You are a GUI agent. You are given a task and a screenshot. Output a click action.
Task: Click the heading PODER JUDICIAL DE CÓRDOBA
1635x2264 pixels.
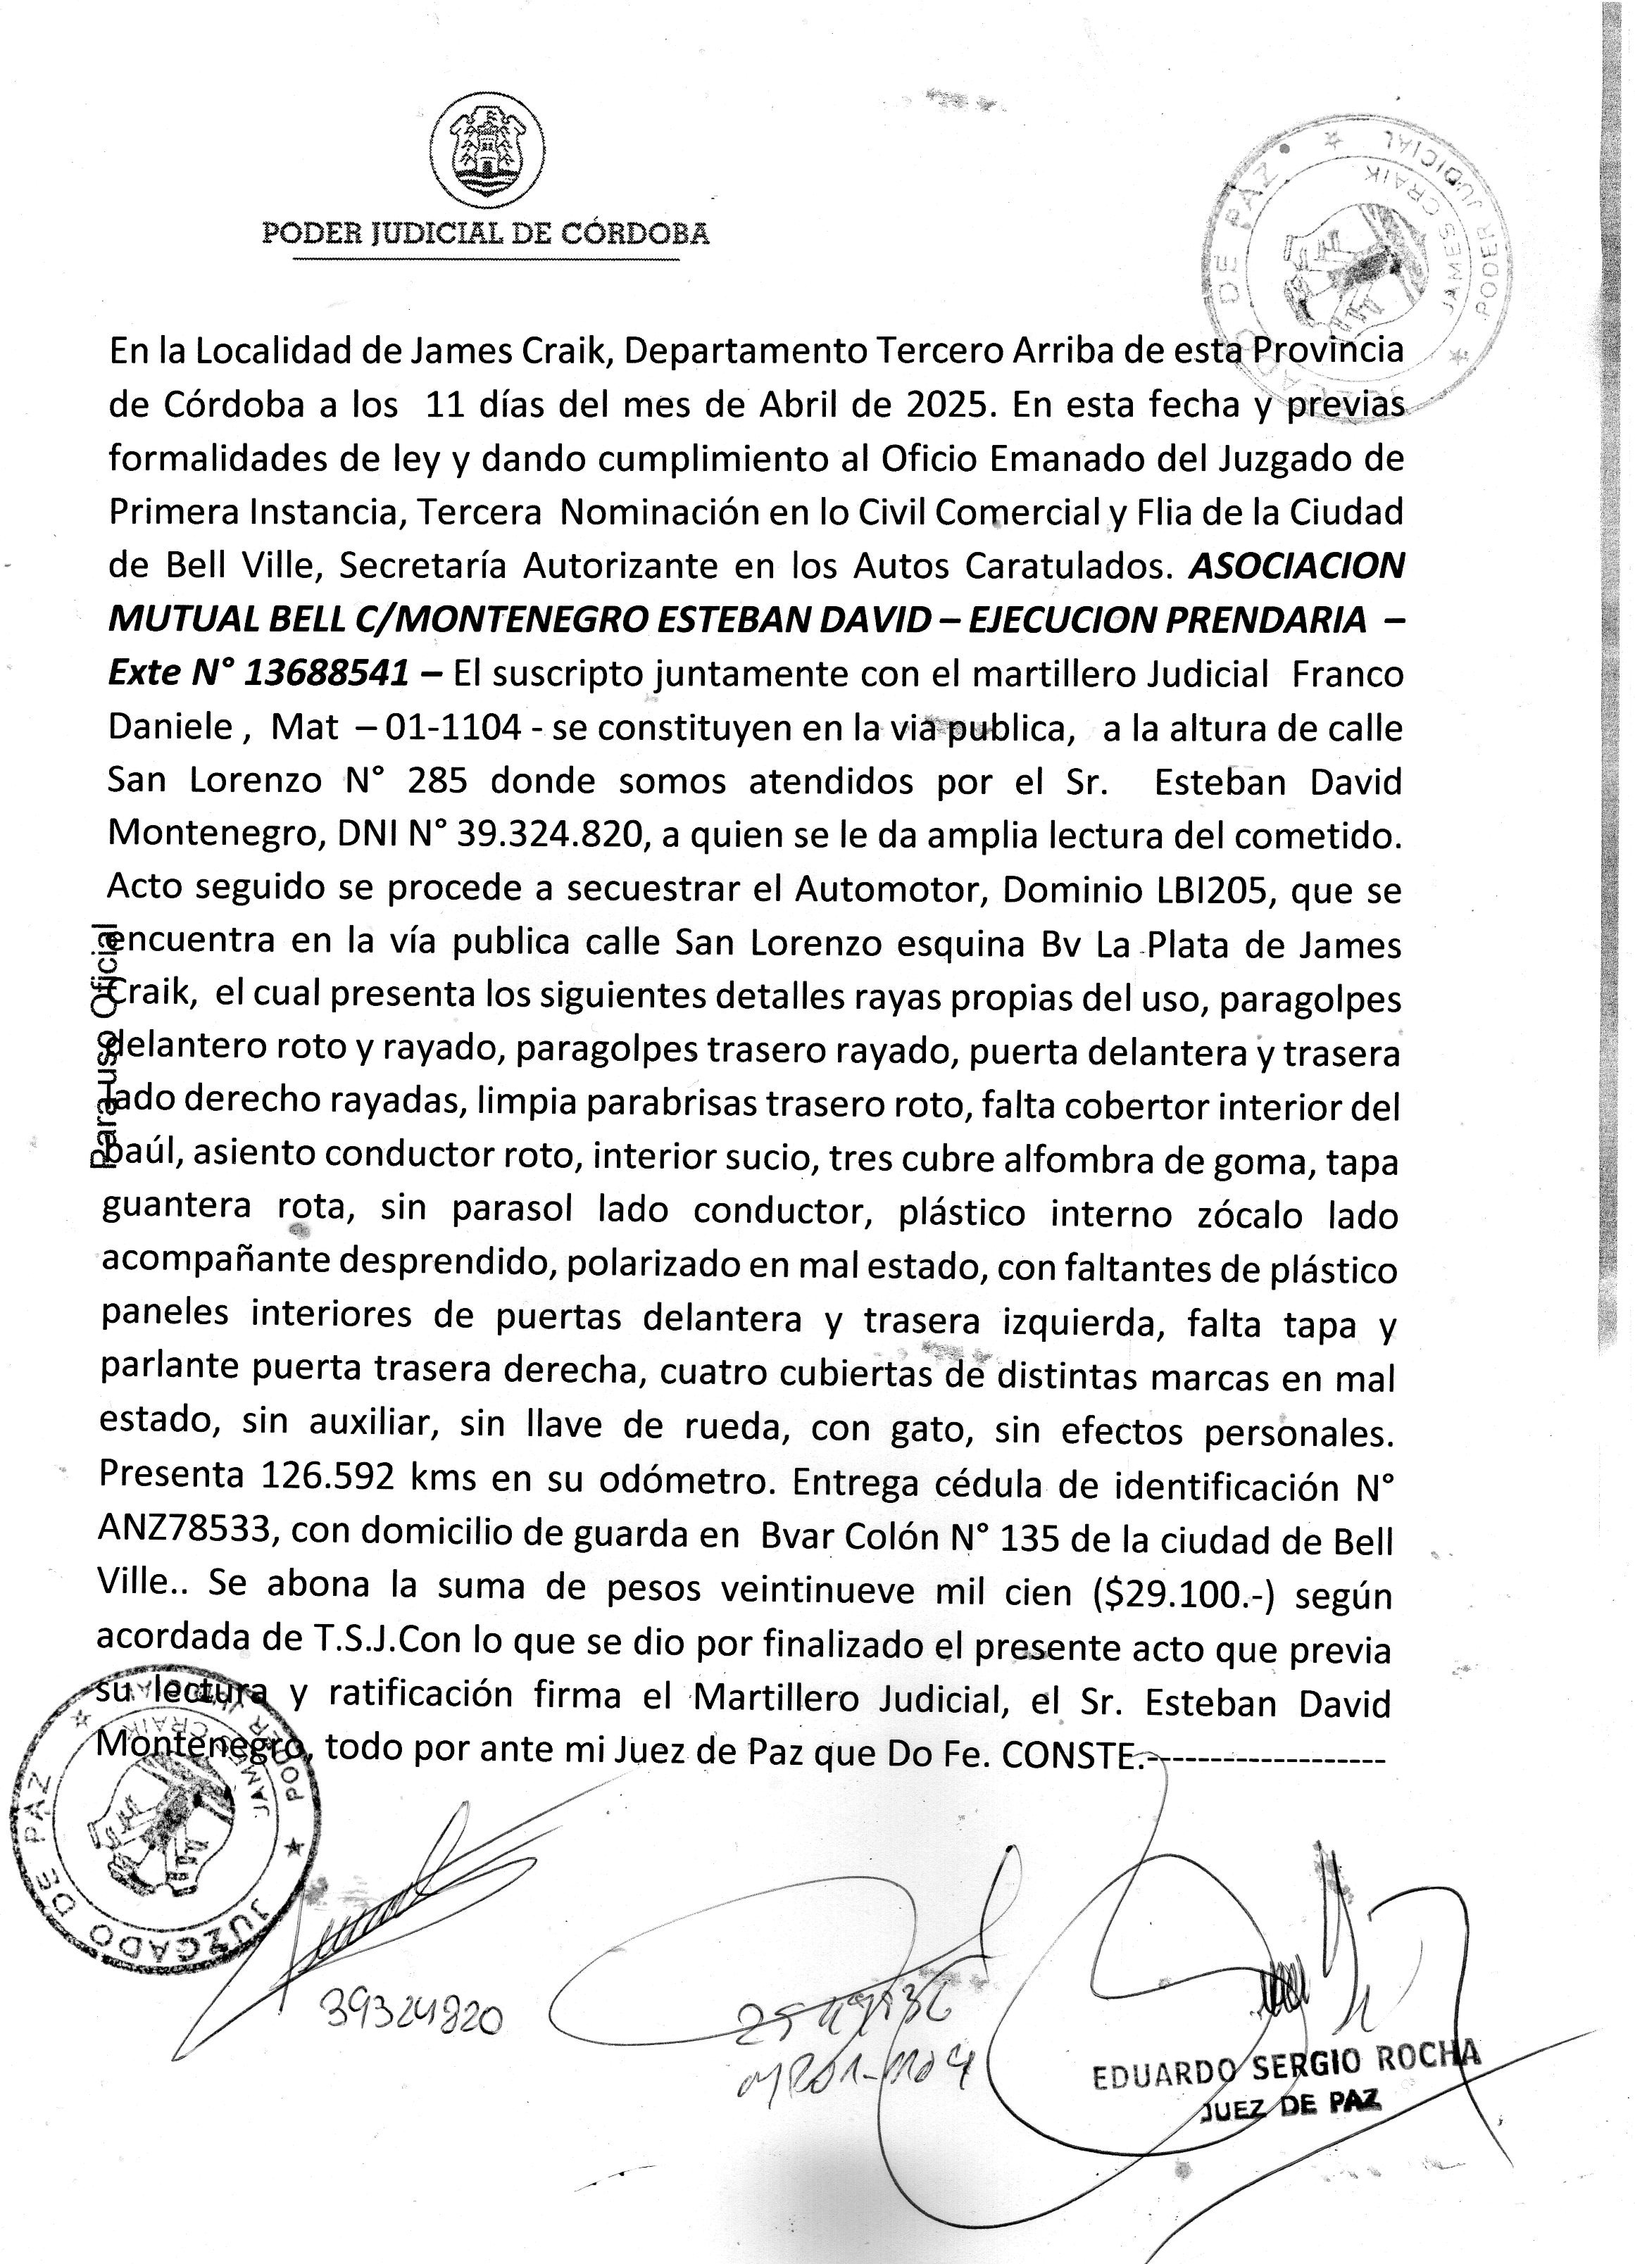485,234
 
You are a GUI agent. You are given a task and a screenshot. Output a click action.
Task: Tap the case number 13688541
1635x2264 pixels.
325,674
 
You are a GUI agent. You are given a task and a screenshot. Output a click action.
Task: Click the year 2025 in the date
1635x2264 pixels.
948,405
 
